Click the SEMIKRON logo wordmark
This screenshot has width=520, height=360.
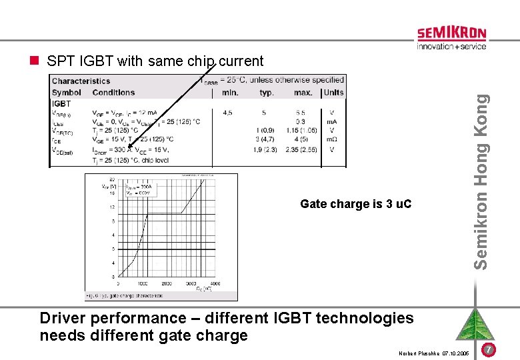(451, 34)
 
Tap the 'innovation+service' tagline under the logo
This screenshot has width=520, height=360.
(451, 47)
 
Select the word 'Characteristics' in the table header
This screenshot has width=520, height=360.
(81, 81)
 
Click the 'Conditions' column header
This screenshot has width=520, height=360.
(113, 93)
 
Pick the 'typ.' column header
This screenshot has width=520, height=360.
(267, 93)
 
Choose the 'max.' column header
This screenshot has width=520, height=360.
(303, 93)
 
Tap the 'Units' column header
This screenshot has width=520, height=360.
(333, 93)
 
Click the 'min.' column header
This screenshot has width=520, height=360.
(230, 93)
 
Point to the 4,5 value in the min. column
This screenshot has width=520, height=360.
(228, 113)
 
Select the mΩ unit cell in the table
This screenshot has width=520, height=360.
(332, 140)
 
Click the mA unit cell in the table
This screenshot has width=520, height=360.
(332, 122)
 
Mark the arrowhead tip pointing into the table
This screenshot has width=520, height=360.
(129, 147)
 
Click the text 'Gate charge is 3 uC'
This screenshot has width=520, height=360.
(356, 204)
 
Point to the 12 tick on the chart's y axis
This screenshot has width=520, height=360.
(112, 207)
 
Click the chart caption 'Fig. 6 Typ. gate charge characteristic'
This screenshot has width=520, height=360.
(124, 295)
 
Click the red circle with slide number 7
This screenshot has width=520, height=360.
(489, 350)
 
